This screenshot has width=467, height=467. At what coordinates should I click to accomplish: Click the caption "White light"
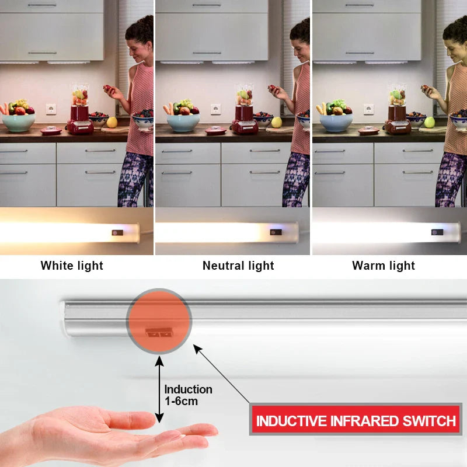click(72, 266)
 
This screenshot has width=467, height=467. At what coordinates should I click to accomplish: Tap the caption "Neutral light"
click(238, 266)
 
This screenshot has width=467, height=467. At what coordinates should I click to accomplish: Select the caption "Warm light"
click(384, 266)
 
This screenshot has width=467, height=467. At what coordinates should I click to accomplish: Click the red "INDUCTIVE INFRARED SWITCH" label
click(356, 420)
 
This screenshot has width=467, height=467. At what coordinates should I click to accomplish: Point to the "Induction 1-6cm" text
click(188, 395)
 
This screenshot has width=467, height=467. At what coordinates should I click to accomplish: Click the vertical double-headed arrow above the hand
click(159, 391)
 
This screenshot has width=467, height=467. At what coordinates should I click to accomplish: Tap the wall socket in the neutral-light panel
click(215, 109)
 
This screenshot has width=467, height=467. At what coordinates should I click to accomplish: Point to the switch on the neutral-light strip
click(276, 232)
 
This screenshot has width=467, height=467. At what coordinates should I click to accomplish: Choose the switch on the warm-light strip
click(437, 232)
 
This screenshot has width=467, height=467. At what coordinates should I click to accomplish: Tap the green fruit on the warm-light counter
click(430, 122)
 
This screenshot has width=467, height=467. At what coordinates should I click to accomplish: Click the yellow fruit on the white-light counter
click(112, 122)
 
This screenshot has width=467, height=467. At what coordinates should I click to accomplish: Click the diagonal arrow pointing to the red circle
click(222, 374)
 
